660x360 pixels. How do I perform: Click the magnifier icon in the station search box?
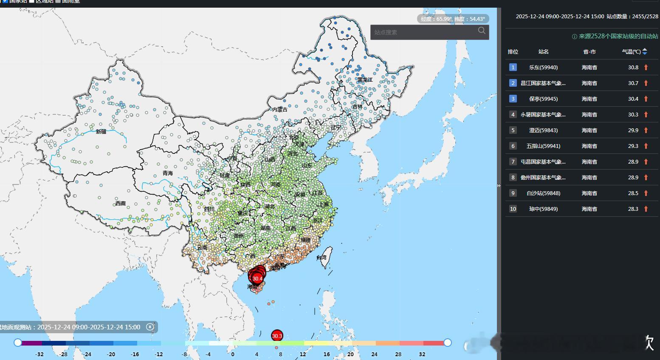(x=481, y=31)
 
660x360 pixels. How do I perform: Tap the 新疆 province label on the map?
(x=101, y=132)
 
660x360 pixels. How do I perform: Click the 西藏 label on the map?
(x=121, y=204)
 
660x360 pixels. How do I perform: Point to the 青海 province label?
(x=168, y=173)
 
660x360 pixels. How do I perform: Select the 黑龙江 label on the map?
(x=364, y=80)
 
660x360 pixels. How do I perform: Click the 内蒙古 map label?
(x=280, y=110)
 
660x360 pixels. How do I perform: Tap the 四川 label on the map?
(x=209, y=209)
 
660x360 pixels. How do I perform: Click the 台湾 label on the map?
(x=322, y=258)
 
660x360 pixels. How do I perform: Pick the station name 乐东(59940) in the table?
(x=543, y=67)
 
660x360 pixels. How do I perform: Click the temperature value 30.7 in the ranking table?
(x=633, y=83)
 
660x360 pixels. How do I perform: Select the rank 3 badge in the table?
(x=513, y=99)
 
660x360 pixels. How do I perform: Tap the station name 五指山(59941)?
(x=543, y=146)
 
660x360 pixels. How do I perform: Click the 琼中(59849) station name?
(x=543, y=209)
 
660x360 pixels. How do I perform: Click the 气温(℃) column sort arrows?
(x=645, y=51)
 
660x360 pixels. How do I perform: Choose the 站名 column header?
(x=543, y=51)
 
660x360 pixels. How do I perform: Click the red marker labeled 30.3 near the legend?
(x=277, y=336)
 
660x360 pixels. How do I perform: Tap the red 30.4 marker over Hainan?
(x=257, y=279)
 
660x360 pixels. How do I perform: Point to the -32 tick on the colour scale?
(x=39, y=354)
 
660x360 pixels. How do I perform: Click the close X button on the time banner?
(x=150, y=327)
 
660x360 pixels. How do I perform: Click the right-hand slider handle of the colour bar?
(x=447, y=343)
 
